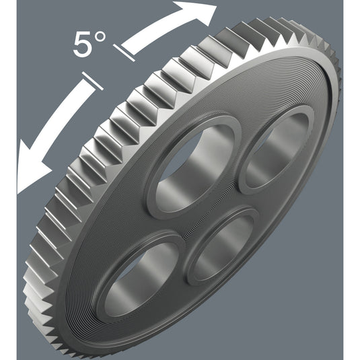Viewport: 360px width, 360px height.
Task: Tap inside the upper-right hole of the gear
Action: tap(276, 151)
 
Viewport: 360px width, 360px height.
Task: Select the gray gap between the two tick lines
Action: tap(108, 67)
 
